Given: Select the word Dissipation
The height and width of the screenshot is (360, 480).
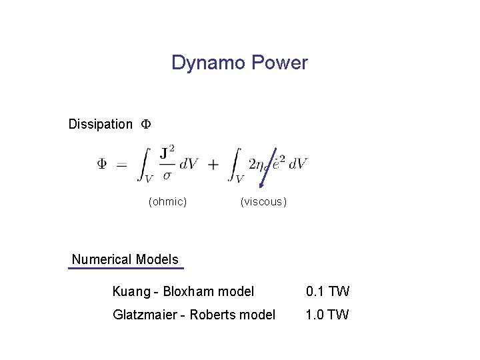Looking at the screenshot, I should [x=101, y=124].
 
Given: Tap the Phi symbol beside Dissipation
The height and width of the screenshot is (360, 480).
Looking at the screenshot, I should [x=146, y=124].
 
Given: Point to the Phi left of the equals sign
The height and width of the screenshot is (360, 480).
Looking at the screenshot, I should [x=103, y=164].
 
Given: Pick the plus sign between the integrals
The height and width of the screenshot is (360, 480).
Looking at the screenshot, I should [x=213, y=164].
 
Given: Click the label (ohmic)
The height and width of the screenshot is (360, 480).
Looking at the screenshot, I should [x=167, y=201].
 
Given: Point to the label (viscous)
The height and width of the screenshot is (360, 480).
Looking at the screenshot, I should [x=264, y=201].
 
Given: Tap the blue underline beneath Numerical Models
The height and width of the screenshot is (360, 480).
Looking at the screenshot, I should [x=125, y=268].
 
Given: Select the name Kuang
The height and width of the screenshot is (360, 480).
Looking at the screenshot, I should [x=131, y=291].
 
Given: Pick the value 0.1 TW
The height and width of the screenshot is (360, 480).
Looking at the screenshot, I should [x=327, y=291].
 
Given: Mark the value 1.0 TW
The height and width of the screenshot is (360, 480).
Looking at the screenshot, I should [x=327, y=315].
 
